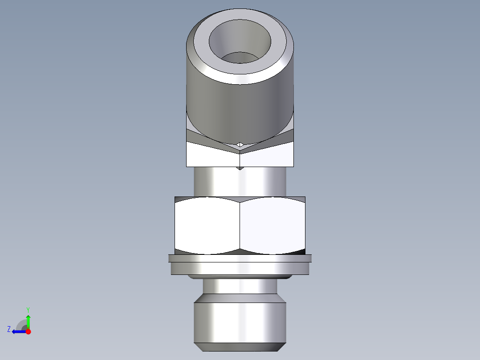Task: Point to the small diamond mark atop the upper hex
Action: click(x=240, y=144)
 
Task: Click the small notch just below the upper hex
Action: click(x=240, y=168)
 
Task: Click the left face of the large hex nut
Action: click(x=207, y=225)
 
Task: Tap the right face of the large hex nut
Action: click(x=273, y=225)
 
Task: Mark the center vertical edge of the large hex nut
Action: click(x=240, y=225)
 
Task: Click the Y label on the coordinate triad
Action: click(x=28, y=309)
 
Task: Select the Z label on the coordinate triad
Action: click(x=9, y=329)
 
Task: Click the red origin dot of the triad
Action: click(x=28, y=331)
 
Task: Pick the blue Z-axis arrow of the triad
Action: click(x=18, y=331)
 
